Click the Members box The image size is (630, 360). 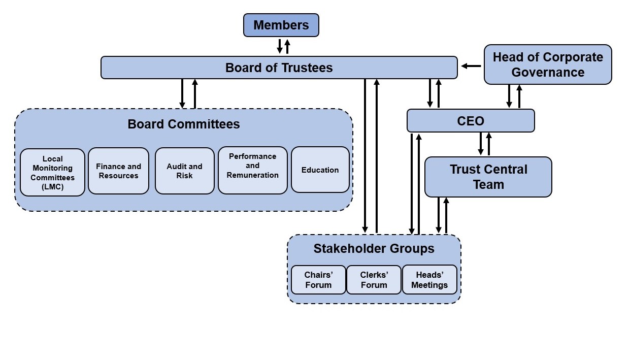coord(281,25)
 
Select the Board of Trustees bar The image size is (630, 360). coord(279,68)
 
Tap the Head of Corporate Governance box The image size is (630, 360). coord(547,64)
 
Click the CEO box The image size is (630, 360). coord(470,121)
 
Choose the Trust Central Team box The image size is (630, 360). coord(488,177)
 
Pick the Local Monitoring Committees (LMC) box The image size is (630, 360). coord(52,173)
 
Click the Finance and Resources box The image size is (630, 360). coord(118,171)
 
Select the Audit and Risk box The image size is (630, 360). coord(184,171)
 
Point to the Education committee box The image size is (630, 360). coord(320,170)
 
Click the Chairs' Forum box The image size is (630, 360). coord(318,280)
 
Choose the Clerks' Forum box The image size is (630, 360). coord(374,280)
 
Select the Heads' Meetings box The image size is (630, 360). coord(429,280)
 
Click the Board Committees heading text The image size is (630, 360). coord(183,124)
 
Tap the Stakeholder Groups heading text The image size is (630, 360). coord(374,248)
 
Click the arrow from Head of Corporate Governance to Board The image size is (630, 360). coord(471,66)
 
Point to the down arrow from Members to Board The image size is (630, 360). coord(279,46)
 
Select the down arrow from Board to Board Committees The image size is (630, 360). coord(182,93)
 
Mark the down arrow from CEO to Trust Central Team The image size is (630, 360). coord(480,144)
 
